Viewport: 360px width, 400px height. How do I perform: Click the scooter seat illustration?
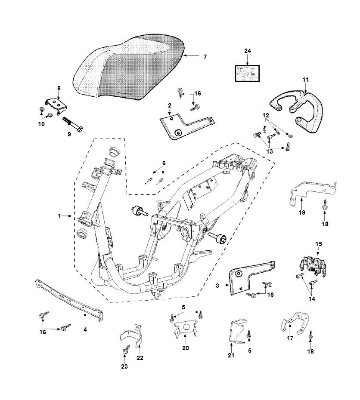pyautogui.click(x=129, y=69)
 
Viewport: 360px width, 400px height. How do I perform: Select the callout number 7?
pyautogui.click(x=205, y=57)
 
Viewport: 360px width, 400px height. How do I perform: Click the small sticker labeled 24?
pyautogui.click(x=247, y=73)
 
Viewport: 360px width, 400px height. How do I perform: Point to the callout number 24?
pyautogui.click(x=247, y=51)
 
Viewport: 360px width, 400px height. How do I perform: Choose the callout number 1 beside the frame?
pyautogui.click(x=59, y=216)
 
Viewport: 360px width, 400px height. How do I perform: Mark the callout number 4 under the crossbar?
pyautogui.click(x=85, y=329)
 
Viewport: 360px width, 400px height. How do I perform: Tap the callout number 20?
pyautogui.click(x=186, y=348)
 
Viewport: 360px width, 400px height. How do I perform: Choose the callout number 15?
pyautogui.click(x=319, y=244)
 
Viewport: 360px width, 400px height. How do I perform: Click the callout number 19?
pyautogui.click(x=301, y=212)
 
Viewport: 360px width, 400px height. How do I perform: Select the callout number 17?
pyautogui.click(x=290, y=338)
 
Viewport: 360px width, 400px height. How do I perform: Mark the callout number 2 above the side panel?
pyautogui.click(x=170, y=105)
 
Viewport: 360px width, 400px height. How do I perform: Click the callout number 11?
pyautogui.click(x=306, y=80)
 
